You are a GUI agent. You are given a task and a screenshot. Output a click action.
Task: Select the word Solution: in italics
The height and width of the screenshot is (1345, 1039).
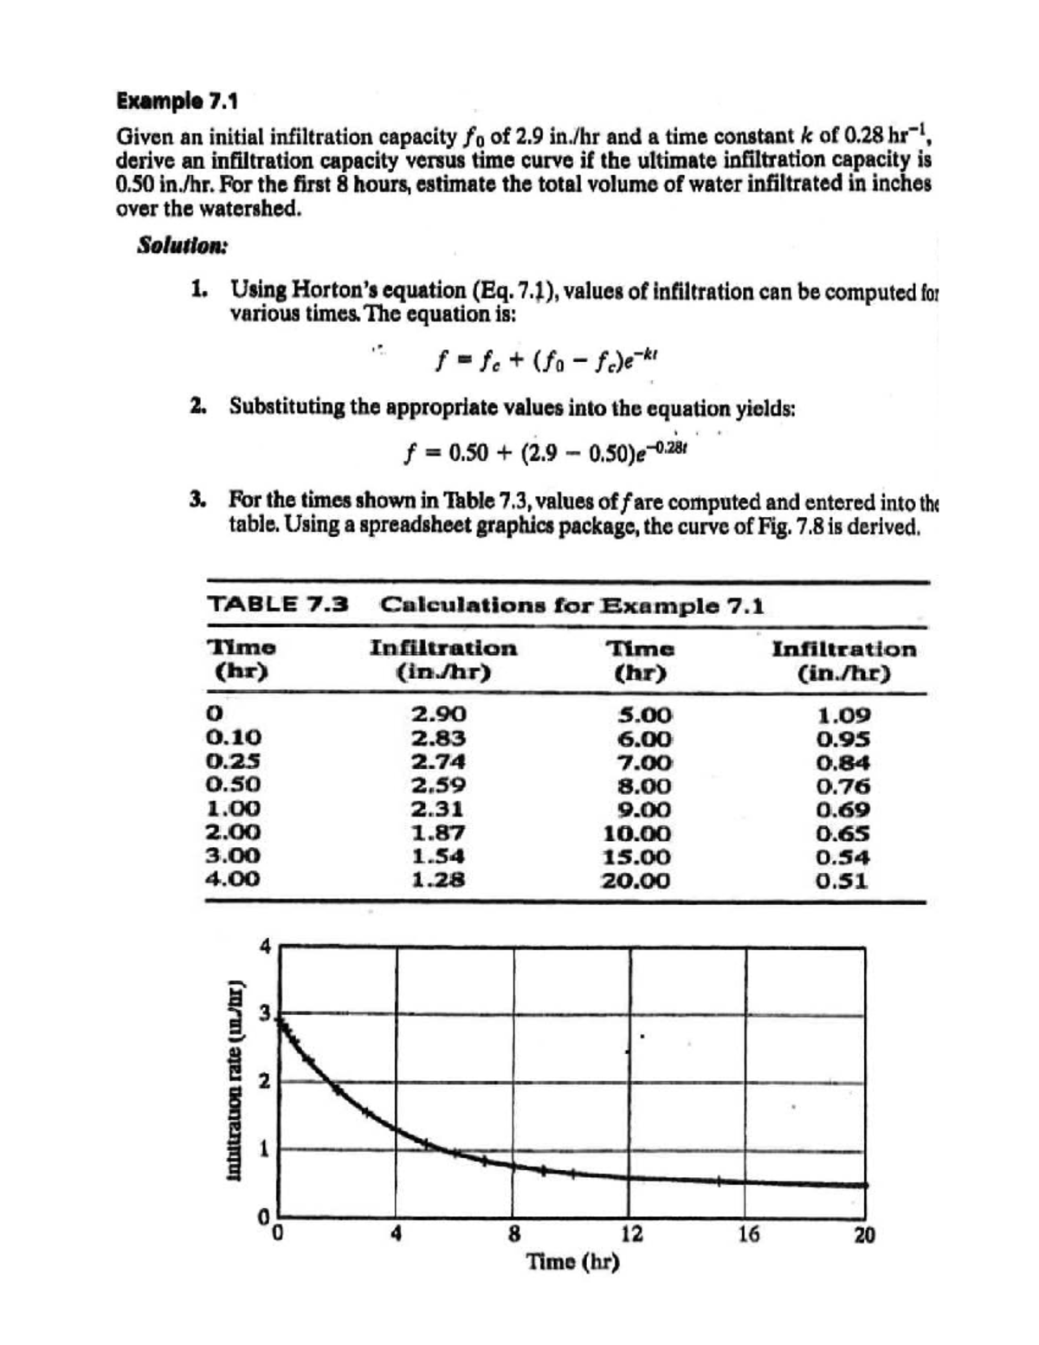click(183, 245)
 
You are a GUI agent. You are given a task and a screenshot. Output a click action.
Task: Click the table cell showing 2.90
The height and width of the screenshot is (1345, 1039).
click(438, 715)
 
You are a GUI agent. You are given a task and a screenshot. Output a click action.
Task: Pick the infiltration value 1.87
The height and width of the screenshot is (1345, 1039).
click(438, 833)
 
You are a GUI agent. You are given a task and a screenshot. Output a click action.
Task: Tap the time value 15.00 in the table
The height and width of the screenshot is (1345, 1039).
click(636, 857)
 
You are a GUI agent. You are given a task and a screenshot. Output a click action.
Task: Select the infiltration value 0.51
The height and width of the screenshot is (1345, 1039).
click(843, 882)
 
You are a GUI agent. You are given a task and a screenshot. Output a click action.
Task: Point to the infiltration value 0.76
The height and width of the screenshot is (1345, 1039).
click(843, 786)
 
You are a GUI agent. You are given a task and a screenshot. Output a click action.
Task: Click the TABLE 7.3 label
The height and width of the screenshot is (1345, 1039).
click(278, 605)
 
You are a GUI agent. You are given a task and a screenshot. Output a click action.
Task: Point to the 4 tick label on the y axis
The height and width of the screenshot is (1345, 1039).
click(267, 946)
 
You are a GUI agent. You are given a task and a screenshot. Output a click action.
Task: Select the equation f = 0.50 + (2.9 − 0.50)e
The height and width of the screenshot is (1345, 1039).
click(545, 451)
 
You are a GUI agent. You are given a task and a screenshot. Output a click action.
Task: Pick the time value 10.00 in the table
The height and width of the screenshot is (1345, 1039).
click(636, 834)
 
